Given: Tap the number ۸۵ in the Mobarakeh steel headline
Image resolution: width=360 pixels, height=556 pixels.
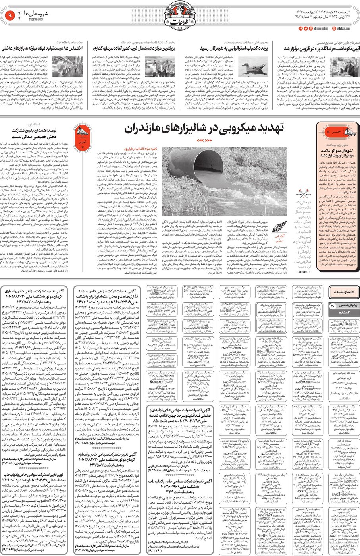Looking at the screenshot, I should click(x=65, y=48).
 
